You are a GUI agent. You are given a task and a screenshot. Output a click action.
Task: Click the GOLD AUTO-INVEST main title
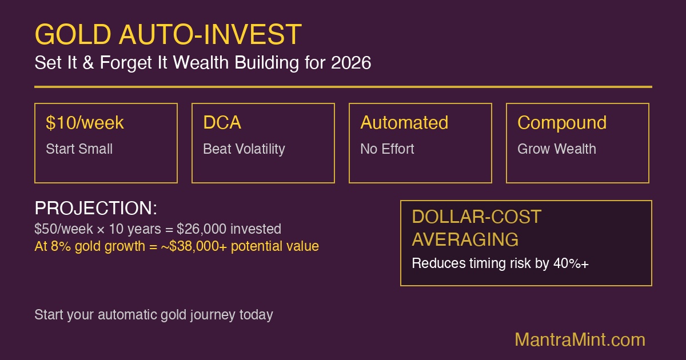[x=167, y=35]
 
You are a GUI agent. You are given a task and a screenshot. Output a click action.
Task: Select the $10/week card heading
[x=85, y=123]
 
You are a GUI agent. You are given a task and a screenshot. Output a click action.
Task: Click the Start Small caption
[x=79, y=149]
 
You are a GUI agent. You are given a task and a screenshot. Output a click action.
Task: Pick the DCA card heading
[x=222, y=123]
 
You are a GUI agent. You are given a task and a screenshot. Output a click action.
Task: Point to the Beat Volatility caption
[x=244, y=149]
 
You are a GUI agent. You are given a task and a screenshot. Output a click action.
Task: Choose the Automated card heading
[x=404, y=123]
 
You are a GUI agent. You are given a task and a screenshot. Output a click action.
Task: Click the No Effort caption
[x=387, y=149]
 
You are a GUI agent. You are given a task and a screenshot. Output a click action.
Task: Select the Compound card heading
[x=562, y=123]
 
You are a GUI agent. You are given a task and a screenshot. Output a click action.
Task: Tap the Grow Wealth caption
[x=556, y=149]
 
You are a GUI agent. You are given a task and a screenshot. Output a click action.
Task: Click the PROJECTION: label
[x=95, y=209]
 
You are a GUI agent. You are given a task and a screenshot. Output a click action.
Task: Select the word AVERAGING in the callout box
[x=465, y=239]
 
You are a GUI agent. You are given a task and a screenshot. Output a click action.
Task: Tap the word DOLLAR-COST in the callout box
[x=476, y=217]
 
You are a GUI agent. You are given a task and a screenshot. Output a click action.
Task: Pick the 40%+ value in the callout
[x=576, y=264]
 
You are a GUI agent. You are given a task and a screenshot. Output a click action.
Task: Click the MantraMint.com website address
[x=580, y=340]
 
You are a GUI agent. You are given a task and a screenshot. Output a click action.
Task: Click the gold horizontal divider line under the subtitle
[x=343, y=87]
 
